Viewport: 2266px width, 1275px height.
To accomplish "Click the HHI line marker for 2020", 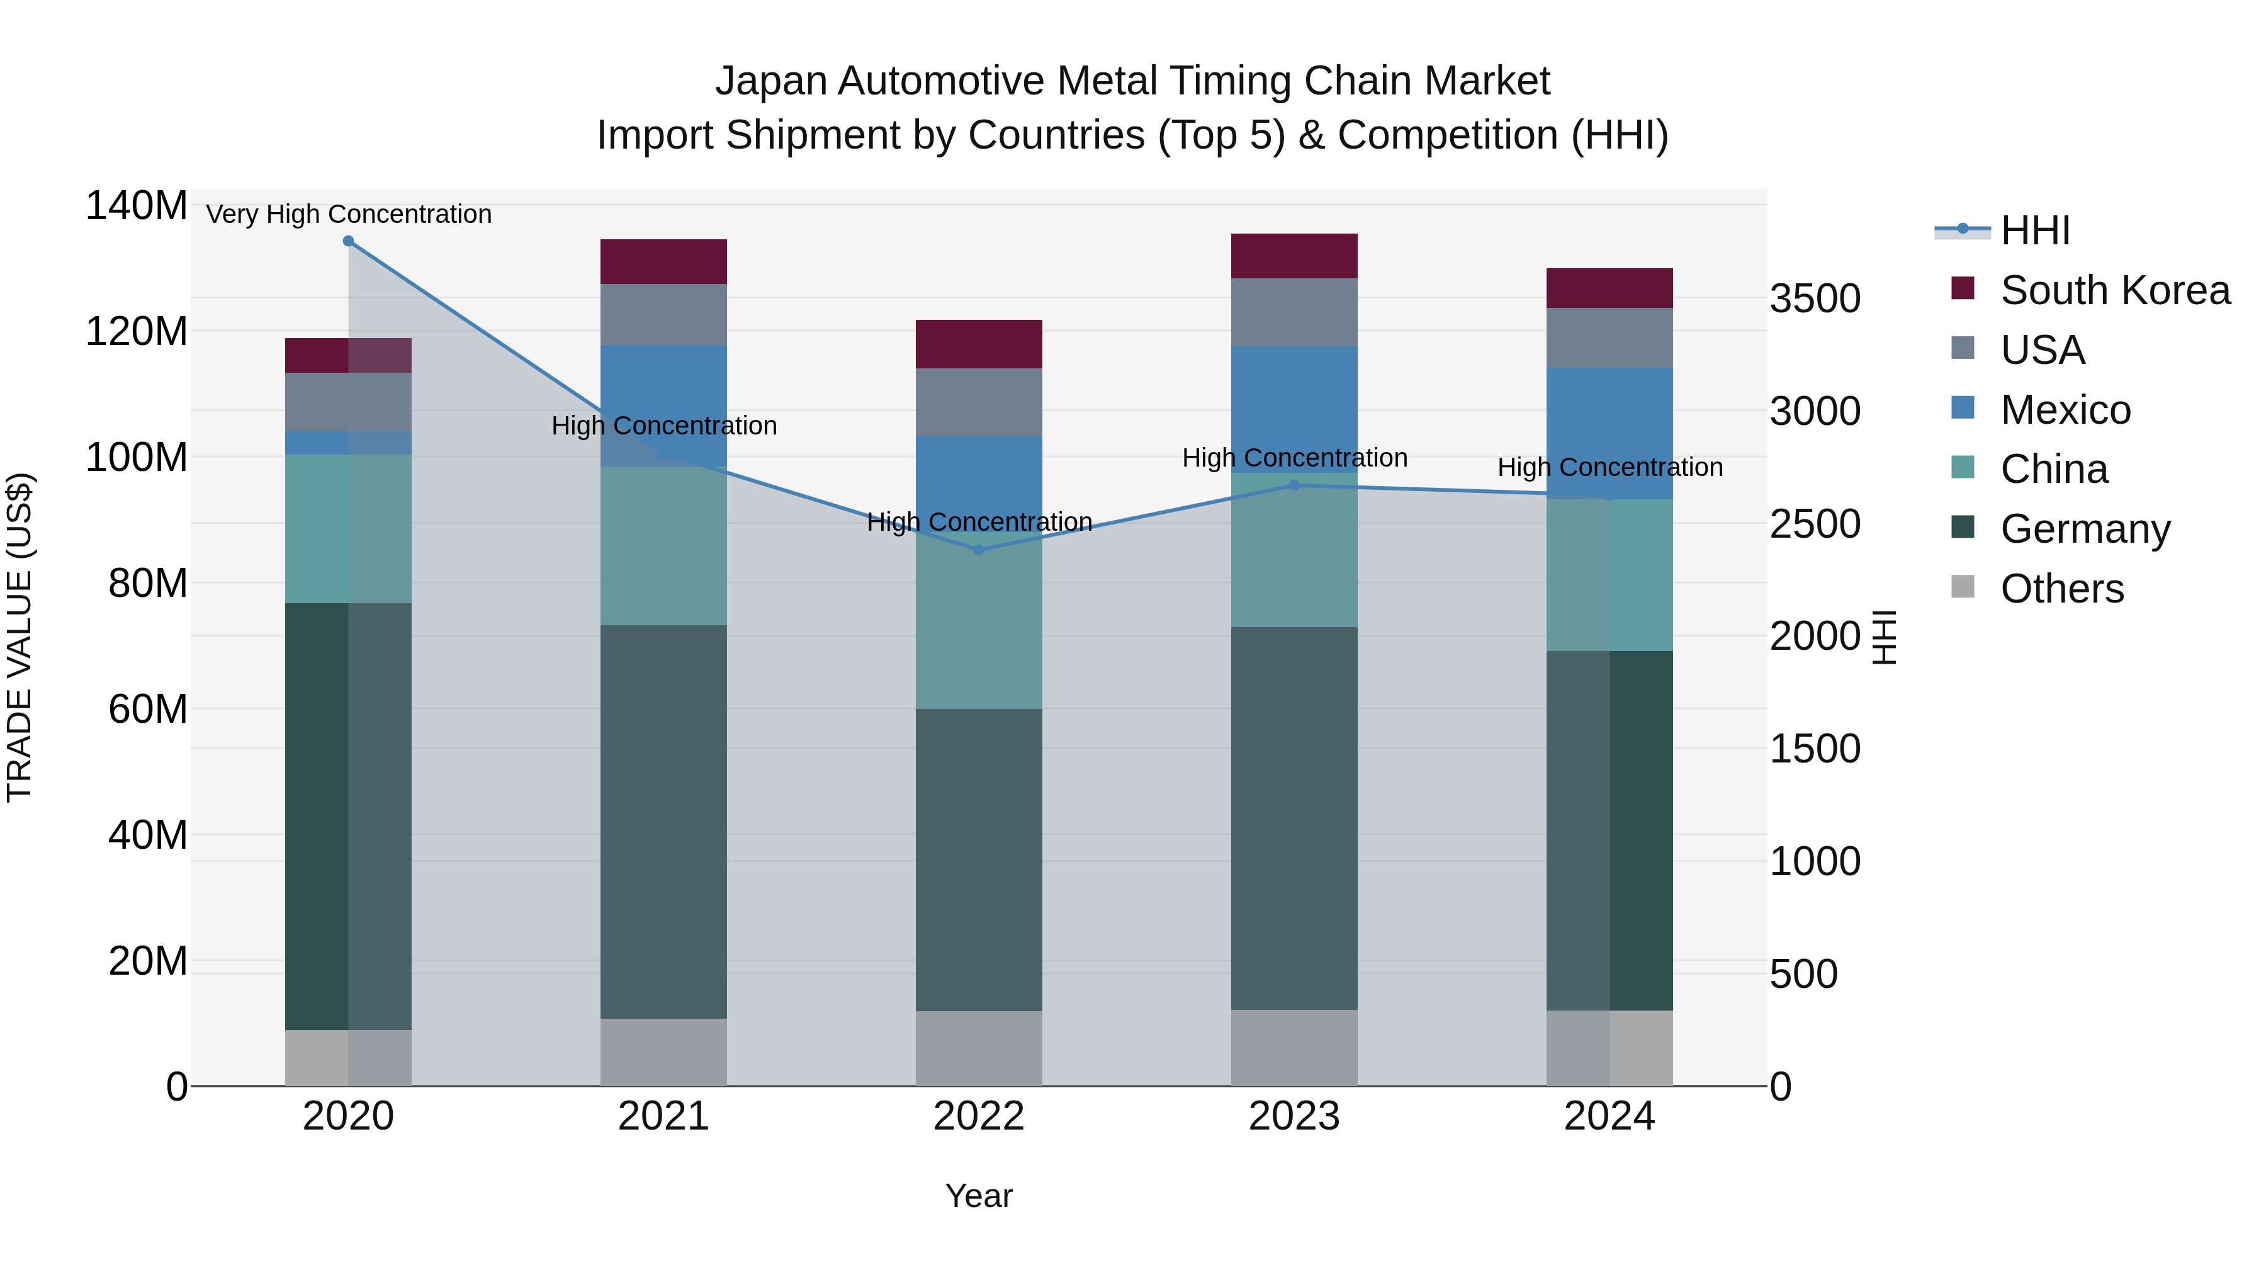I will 348,241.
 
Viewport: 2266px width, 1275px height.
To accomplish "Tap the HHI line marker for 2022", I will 979,550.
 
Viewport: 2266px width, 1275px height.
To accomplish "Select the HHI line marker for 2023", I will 1294,485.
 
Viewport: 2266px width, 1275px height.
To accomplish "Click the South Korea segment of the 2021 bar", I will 663,261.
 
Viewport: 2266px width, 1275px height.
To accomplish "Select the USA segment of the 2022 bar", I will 979,402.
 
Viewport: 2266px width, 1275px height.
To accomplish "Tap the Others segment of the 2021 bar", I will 663,1051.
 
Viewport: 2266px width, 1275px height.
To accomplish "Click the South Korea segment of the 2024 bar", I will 1609,288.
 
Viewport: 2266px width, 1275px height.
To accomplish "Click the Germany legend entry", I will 2085,529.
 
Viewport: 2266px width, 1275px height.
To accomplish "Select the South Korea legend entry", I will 2115,290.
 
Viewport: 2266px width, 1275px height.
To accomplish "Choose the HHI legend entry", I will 2034,230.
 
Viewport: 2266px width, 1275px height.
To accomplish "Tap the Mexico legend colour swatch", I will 1963,408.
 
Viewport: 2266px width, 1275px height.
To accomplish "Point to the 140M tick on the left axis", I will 137,206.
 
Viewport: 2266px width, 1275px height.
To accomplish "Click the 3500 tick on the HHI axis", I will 1815,298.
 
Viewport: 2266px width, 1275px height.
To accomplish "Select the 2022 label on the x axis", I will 979,1116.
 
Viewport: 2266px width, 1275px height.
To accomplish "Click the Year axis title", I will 979,1196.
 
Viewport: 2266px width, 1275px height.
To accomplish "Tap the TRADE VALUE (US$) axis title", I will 20,637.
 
